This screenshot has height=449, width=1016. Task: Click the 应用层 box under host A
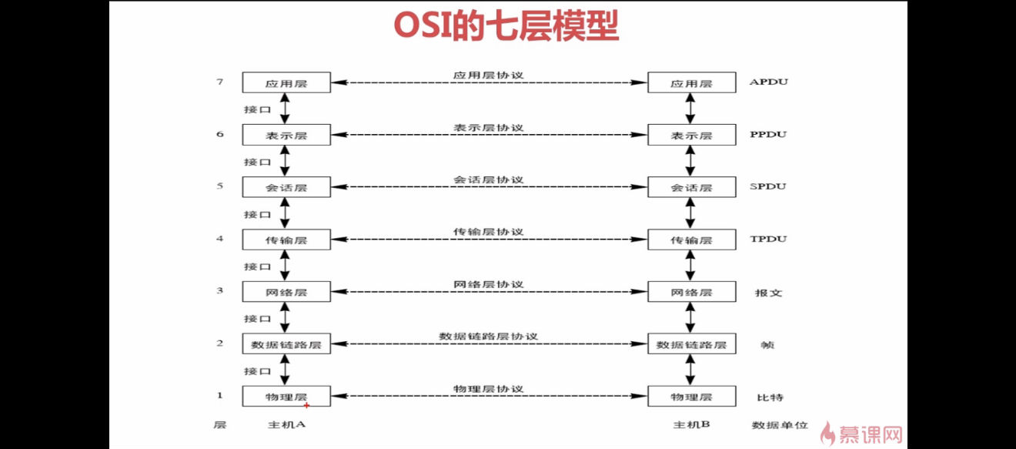(x=286, y=82)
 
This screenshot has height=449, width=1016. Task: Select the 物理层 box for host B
(x=692, y=397)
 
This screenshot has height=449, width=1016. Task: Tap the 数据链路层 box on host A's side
(x=286, y=343)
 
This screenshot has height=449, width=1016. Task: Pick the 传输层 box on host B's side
(x=692, y=240)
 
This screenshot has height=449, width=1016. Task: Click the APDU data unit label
(x=769, y=82)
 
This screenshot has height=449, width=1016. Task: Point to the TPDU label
(x=768, y=239)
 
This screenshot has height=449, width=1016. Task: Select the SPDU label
(x=768, y=186)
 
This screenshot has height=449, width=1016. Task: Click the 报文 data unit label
(x=768, y=293)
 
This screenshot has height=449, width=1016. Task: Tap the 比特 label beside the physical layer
(x=770, y=397)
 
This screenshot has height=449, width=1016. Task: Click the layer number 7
(x=220, y=82)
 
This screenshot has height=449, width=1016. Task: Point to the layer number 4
(x=220, y=238)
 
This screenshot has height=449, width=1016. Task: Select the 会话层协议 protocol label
(x=489, y=179)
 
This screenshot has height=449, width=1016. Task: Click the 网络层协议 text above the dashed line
(x=489, y=284)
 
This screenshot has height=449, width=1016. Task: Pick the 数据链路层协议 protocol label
(x=489, y=337)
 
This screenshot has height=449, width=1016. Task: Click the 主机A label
(x=286, y=424)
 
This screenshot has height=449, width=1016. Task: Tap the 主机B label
(x=692, y=424)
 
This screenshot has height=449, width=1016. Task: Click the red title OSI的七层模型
(x=506, y=26)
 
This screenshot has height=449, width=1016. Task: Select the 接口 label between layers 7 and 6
(x=257, y=109)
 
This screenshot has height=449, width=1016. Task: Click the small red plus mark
(x=306, y=405)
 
